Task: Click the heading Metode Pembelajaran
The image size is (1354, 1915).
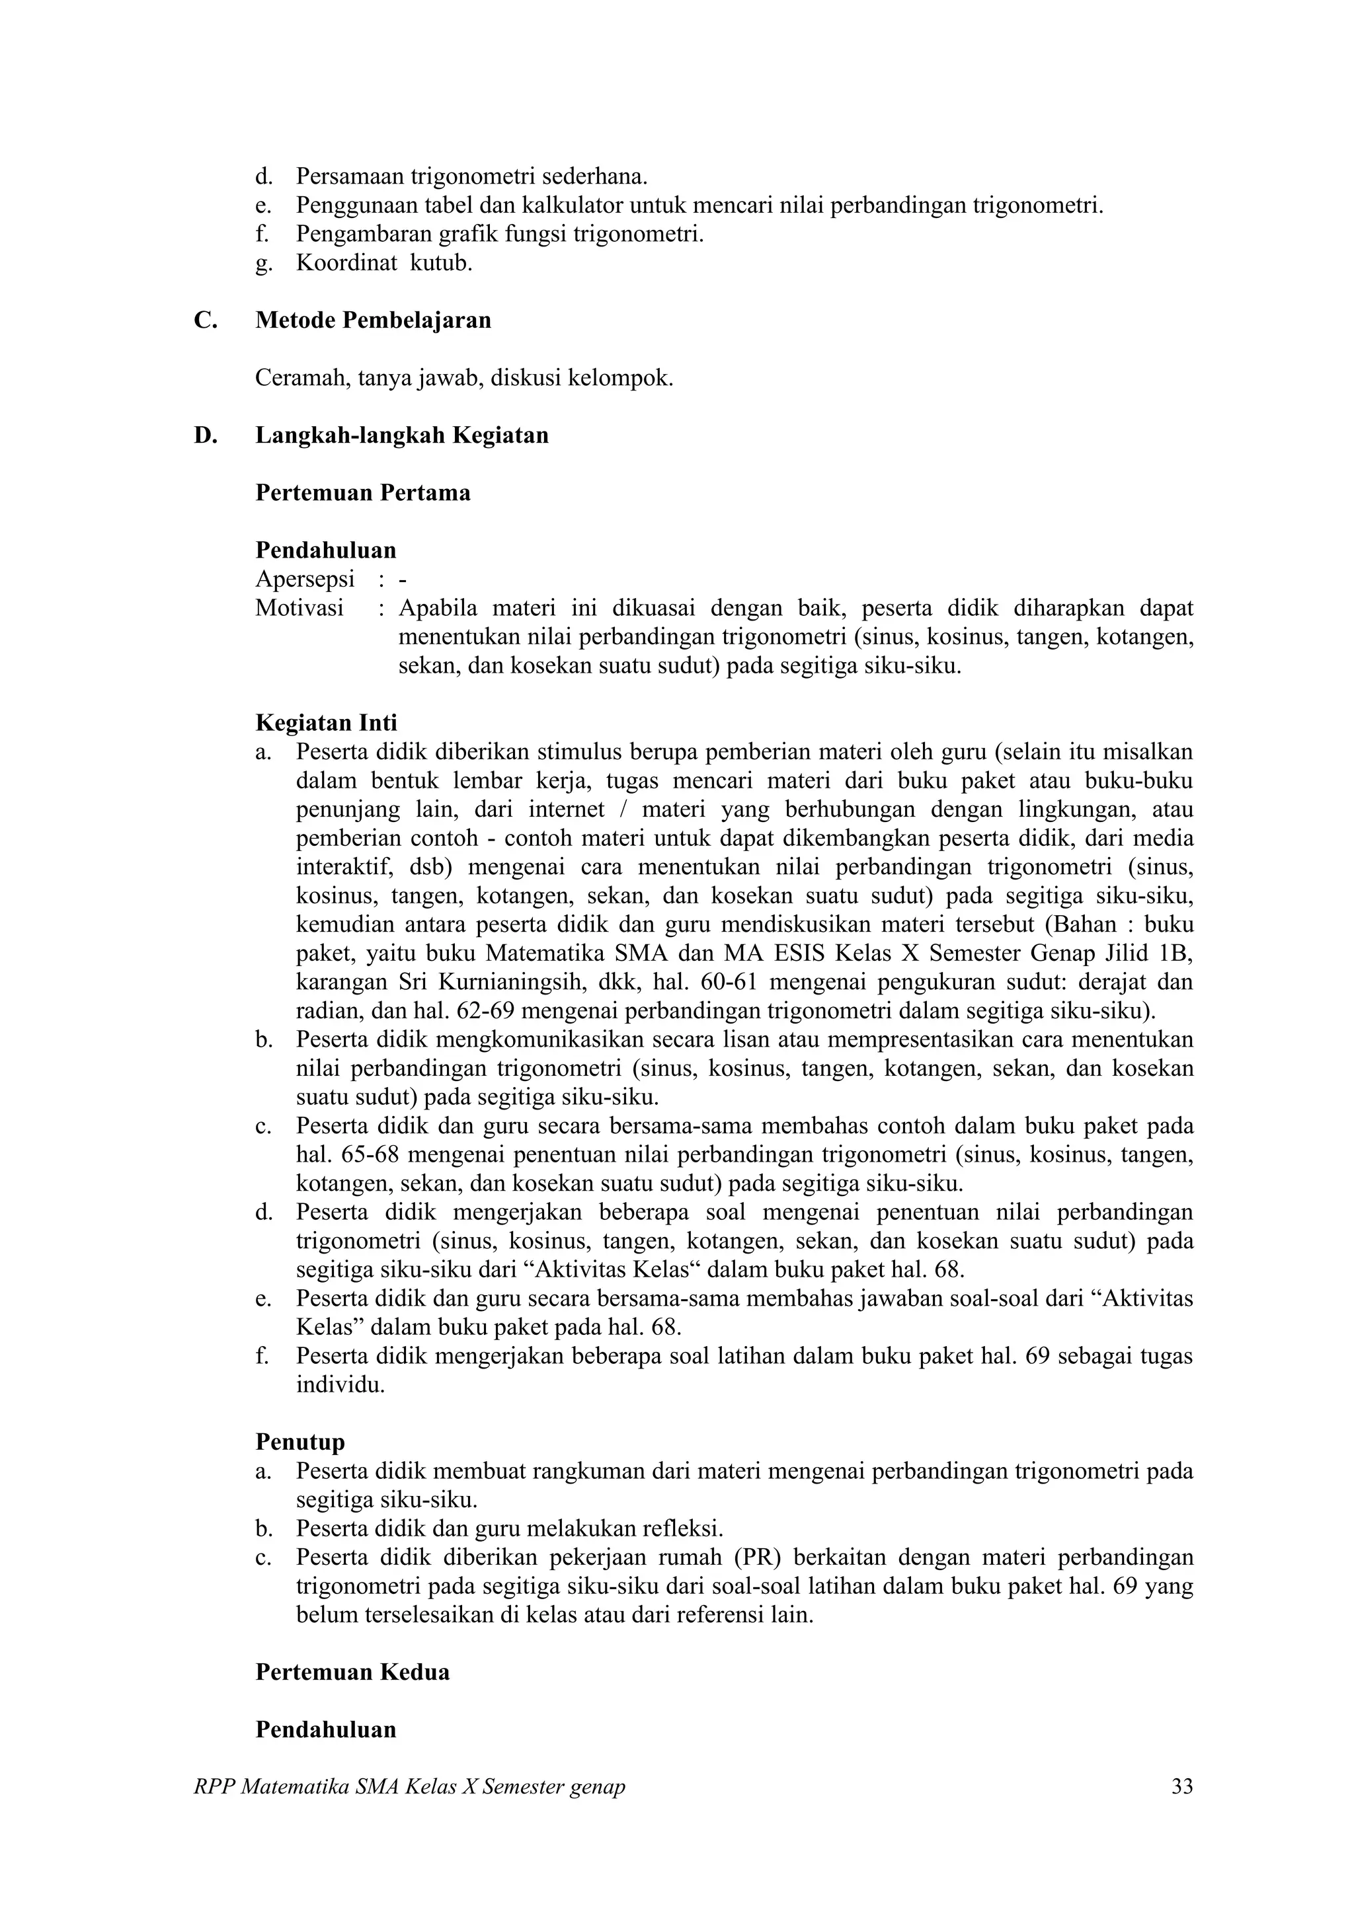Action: tap(373, 320)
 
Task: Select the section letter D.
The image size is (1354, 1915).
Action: tap(205, 435)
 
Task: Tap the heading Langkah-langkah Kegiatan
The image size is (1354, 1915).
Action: tap(401, 435)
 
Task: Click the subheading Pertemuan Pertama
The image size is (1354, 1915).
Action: tap(362, 493)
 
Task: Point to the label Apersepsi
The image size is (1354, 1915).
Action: tap(305, 579)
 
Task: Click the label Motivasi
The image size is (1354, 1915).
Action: tap(299, 608)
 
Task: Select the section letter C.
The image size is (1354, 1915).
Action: tap(205, 320)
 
